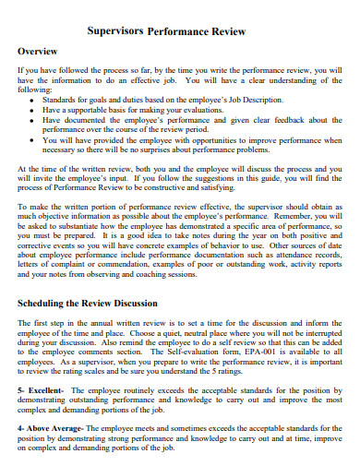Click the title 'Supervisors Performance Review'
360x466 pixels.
tap(180, 30)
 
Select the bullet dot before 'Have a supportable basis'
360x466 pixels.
tap(34, 108)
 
